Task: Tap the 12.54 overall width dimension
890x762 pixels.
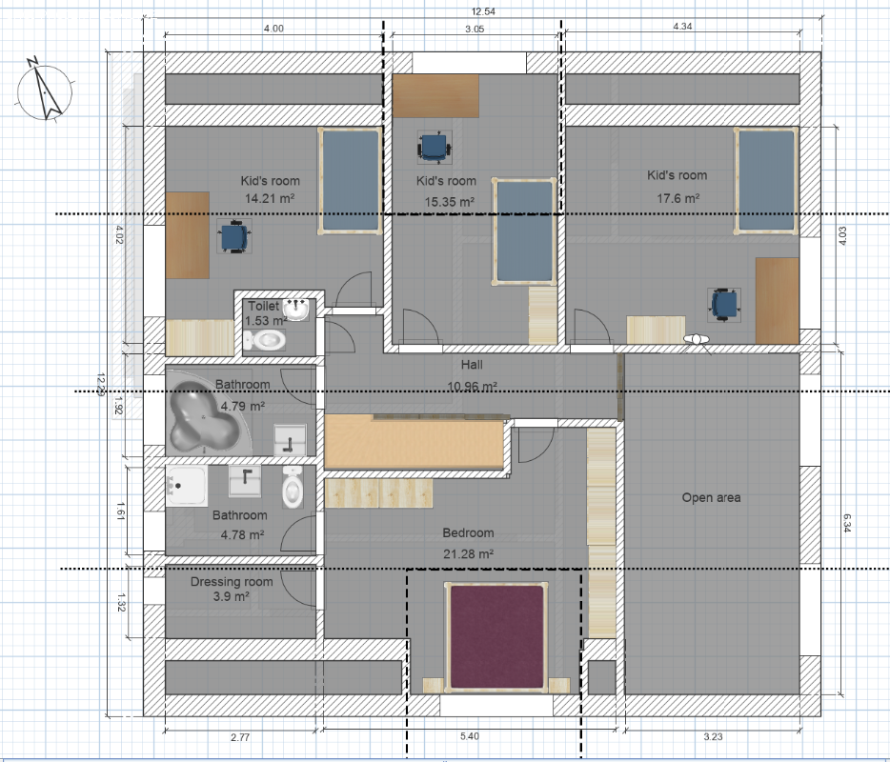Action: [x=483, y=11]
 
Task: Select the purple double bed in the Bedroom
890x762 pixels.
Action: [x=496, y=638]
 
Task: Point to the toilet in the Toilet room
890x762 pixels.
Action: [x=265, y=340]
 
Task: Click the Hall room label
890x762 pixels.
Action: [x=472, y=365]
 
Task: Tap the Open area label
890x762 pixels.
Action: [x=711, y=497]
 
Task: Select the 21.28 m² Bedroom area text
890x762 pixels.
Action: [x=468, y=553]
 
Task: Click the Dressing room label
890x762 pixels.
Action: [x=232, y=582]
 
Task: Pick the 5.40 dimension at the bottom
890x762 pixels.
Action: [x=470, y=736]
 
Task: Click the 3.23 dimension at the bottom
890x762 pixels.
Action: [x=713, y=737]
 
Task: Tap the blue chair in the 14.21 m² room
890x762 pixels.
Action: [x=234, y=237]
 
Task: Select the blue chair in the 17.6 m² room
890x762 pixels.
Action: [x=724, y=305]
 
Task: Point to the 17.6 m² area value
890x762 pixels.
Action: [x=678, y=198]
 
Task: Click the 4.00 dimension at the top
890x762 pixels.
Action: [x=273, y=29]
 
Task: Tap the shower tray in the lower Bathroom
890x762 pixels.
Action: [x=186, y=486]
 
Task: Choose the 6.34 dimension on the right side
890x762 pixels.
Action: [x=847, y=523]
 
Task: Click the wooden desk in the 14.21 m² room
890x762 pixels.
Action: [x=188, y=235]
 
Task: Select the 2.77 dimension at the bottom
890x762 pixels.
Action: [x=240, y=737]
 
